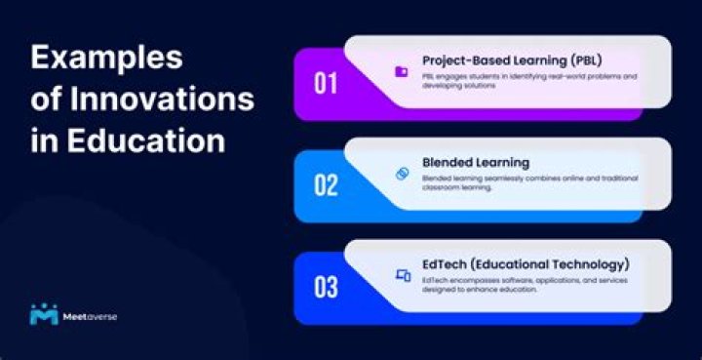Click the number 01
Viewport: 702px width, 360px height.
tap(326, 84)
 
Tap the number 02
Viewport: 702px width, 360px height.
tap(326, 185)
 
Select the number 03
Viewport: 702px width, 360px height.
tap(326, 288)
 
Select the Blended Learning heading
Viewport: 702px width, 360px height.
tap(476, 162)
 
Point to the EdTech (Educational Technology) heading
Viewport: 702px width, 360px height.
tap(526, 264)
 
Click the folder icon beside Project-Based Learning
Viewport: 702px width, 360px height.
tap(401, 71)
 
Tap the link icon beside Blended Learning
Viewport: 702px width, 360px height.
tap(401, 174)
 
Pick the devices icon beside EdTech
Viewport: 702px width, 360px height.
tap(402, 276)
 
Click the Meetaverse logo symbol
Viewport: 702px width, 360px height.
tap(44, 314)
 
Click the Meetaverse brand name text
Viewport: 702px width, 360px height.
tap(89, 316)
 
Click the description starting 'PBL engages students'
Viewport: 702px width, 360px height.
tap(528, 80)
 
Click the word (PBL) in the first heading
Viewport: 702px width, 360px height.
tap(583, 59)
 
